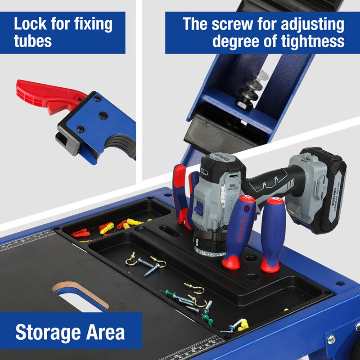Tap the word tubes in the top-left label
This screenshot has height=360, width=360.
tap(33, 41)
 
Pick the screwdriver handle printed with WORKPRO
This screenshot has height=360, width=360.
tap(238, 229)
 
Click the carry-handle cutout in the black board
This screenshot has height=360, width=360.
tap(79, 295)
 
